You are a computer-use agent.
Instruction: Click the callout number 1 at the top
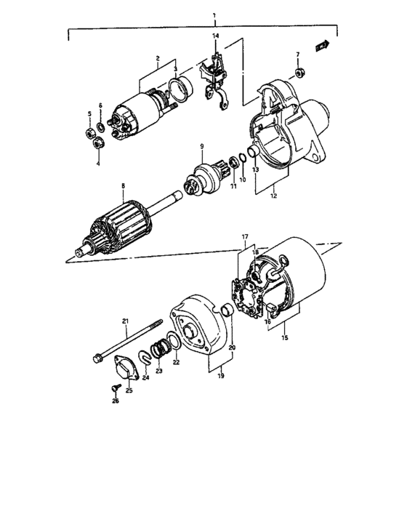[x=214, y=15]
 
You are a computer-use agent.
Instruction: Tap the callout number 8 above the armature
[x=124, y=185]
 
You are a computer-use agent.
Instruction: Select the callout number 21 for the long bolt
[x=124, y=321]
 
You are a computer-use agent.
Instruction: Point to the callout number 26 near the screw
[x=114, y=401]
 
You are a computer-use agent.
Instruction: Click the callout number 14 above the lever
[x=215, y=36]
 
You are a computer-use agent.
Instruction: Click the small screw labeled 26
[x=114, y=386]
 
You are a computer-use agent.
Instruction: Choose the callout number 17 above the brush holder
[x=245, y=236]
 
